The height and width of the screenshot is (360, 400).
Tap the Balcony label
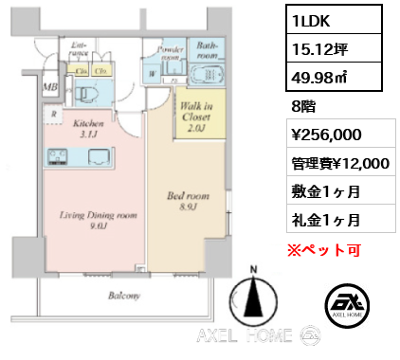click(x=123, y=296)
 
